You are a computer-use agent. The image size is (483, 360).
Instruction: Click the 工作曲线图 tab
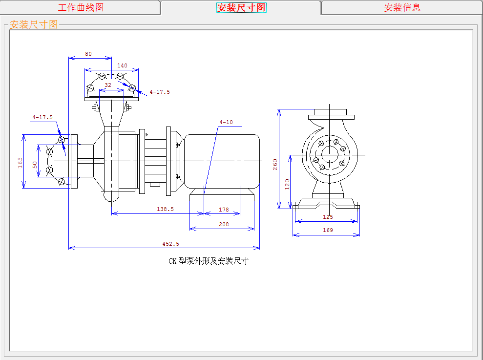(x=81, y=7)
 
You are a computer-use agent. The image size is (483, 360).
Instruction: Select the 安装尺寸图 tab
(x=241, y=7)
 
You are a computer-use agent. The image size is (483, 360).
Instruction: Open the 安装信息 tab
(x=402, y=7)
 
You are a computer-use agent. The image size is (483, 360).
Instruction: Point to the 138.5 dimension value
(x=165, y=209)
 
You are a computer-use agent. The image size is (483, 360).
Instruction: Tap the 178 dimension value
(x=224, y=210)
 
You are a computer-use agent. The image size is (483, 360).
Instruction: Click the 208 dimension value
(x=224, y=224)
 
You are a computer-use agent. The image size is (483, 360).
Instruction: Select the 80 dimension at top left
(x=88, y=54)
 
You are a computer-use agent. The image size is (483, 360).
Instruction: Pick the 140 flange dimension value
(x=122, y=65)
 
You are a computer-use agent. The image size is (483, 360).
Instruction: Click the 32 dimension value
(x=108, y=85)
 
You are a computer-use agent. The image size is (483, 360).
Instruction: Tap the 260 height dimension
(x=275, y=164)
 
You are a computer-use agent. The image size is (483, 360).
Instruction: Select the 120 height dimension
(x=287, y=184)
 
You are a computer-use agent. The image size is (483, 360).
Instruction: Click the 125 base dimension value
(x=328, y=216)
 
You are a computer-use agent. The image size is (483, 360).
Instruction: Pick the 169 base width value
(x=328, y=230)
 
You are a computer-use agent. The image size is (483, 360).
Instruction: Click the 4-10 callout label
(x=226, y=122)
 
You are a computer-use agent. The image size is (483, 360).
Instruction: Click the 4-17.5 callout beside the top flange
(x=160, y=92)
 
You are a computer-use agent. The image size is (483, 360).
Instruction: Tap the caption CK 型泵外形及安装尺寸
(x=209, y=261)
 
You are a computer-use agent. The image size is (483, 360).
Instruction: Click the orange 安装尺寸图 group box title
(x=34, y=24)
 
